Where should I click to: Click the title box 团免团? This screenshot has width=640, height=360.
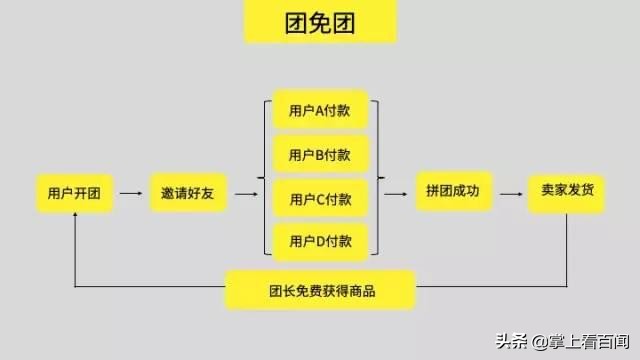click(x=320, y=23)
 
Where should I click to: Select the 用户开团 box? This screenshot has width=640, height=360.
click(x=74, y=191)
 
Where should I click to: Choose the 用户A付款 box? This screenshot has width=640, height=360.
click(x=320, y=111)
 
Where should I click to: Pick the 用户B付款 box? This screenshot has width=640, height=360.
click(x=320, y=155)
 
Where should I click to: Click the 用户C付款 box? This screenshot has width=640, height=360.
click(x=320, y=199)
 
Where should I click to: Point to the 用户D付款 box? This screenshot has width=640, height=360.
click(x=320, y=241)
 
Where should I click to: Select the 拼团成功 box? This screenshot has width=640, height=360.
click(x=453, y=191)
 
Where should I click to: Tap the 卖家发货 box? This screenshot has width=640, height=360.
click(x=567, y=191)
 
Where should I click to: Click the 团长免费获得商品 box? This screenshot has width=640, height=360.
click(x=320, y=292)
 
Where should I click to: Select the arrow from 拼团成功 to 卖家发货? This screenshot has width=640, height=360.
click(x=510, y=191)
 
